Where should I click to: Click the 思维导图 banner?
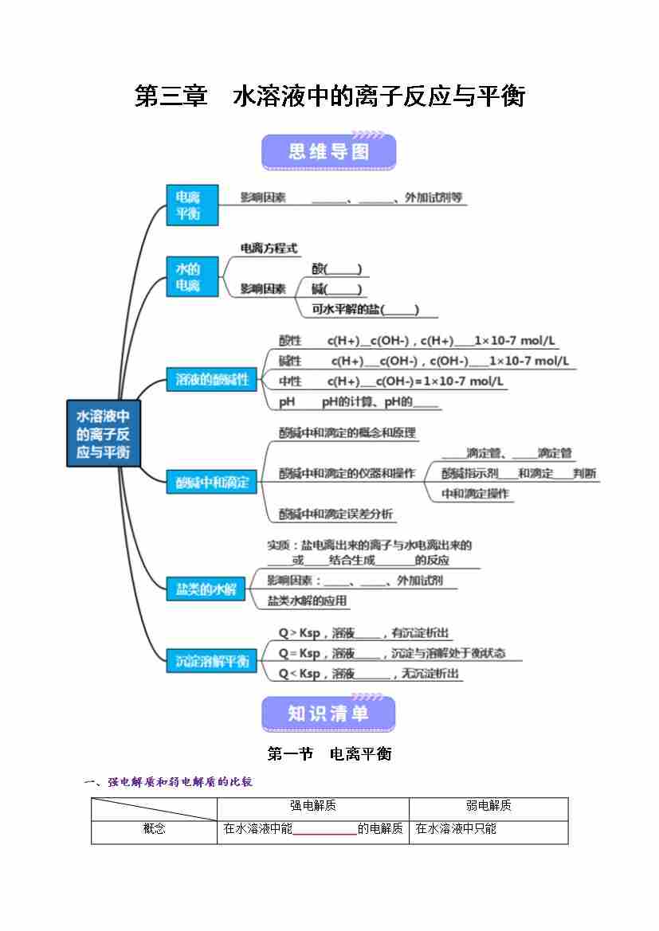(328, 151)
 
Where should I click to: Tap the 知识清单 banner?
(328, 714)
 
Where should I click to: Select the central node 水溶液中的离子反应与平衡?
(103, 434)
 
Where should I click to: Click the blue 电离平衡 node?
(191, 205)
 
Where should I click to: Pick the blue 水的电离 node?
(191, 276)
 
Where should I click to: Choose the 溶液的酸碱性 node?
(212, 380)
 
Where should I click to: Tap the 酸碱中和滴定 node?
(212, 482)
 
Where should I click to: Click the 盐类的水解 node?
(206, 589)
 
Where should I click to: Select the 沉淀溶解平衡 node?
(212, 661)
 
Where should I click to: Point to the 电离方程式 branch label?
(269, 248)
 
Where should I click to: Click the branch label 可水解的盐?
(364, 309)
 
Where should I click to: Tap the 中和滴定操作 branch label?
(475, 494)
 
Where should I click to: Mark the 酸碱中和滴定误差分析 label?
(335, 514)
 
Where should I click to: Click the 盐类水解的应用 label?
(307, 600)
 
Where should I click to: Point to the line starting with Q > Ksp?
(363, 633)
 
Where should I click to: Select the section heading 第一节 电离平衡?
(329, 753)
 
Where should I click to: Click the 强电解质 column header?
(312, 806)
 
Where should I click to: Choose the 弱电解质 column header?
(488, 806)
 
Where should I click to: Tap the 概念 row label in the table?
(154, 829)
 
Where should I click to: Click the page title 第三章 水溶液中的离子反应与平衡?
(329, 97)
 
